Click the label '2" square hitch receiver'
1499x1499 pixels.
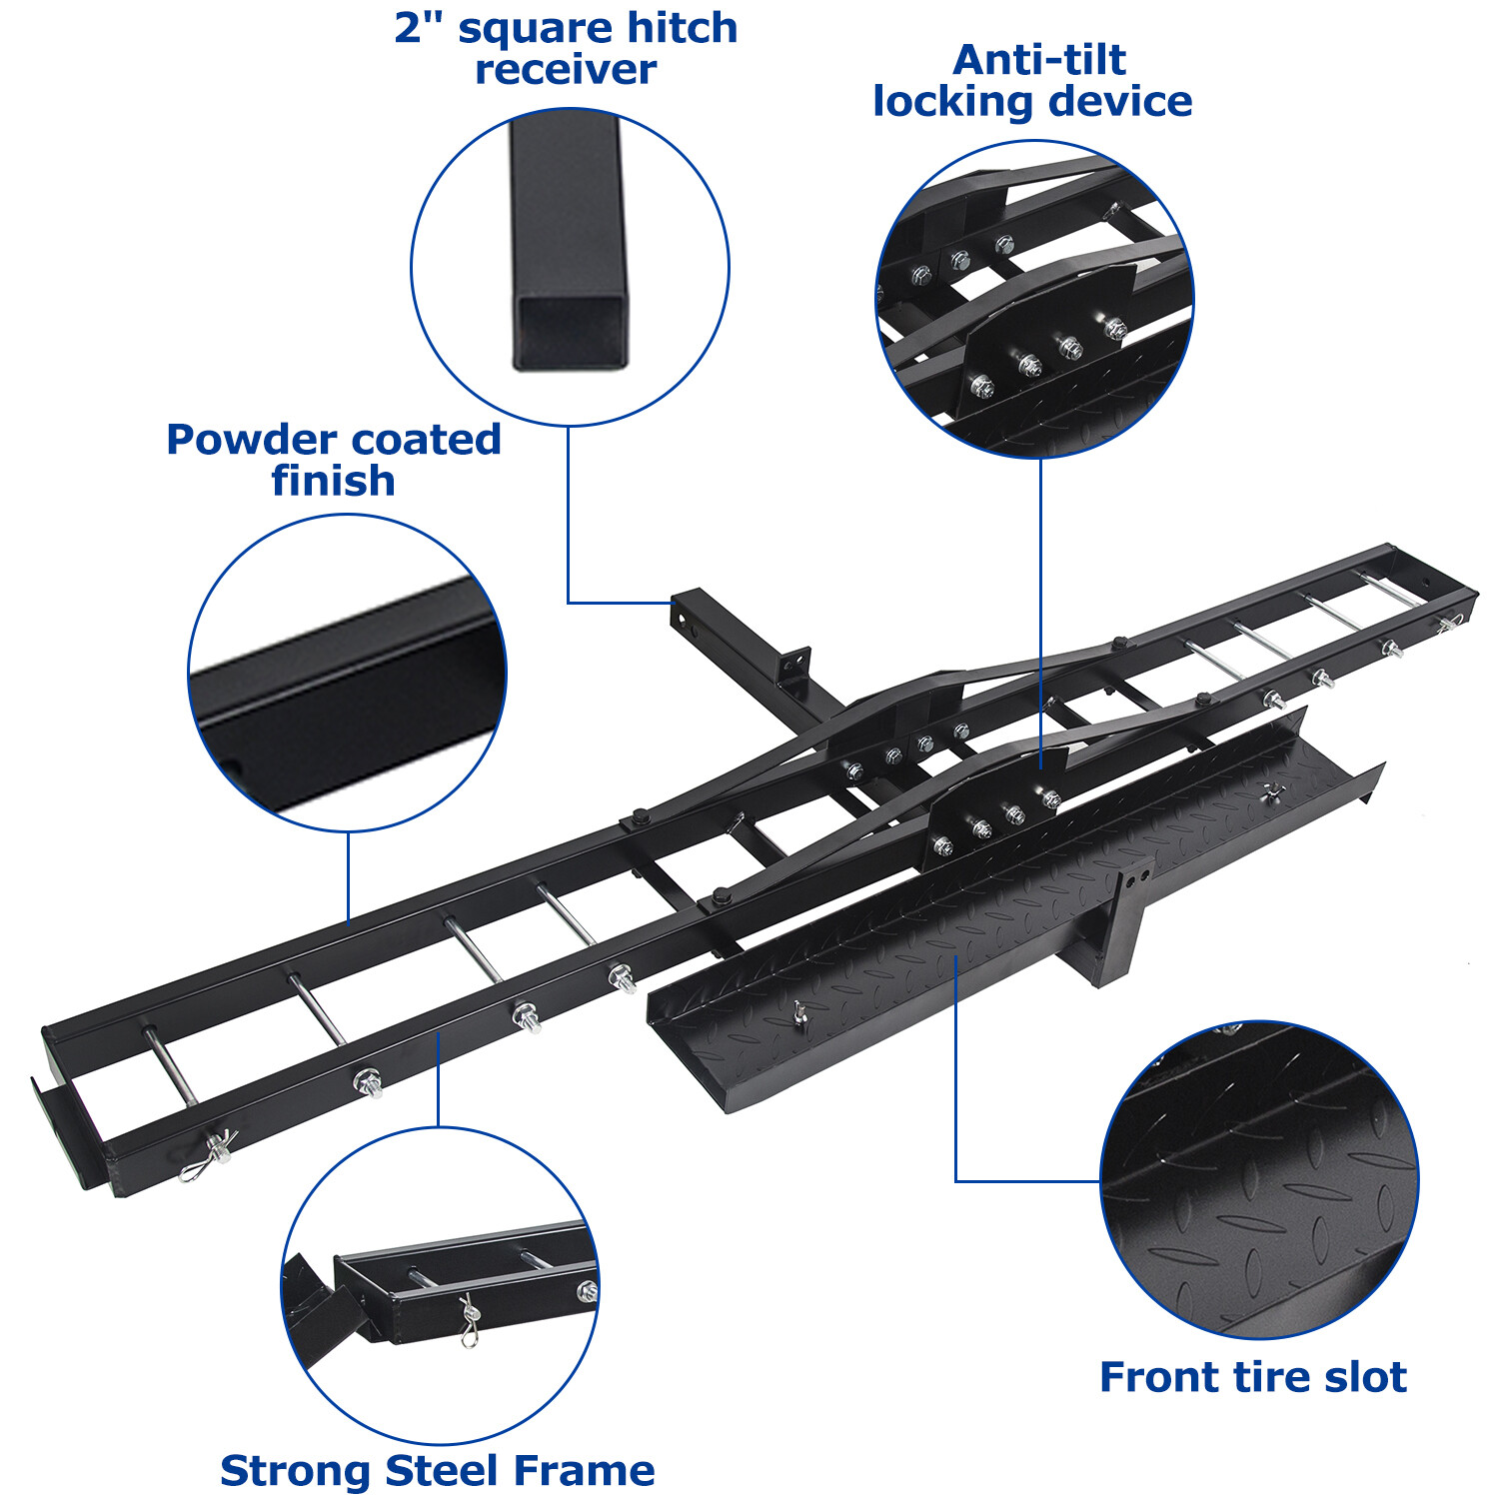coord(566,48)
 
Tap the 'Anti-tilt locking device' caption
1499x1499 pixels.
coord(1033,81)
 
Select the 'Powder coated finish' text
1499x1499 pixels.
coord(334,460)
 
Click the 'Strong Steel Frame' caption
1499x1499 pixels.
coord(437,1471)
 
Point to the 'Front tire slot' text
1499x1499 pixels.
coord(1253,1377)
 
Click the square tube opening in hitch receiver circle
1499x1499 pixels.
coord(571,330)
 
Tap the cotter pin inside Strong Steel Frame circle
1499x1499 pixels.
coord(468,1319)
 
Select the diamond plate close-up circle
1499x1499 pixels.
coord(1259,1179)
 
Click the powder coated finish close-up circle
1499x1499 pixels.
coord(347,672)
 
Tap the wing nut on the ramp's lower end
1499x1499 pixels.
coord(799,1015)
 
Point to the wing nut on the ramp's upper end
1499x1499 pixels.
coord(1271,792)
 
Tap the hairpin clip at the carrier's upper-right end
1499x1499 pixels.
coord(1449,625)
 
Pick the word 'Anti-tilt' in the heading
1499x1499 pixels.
coord(1039,60)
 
